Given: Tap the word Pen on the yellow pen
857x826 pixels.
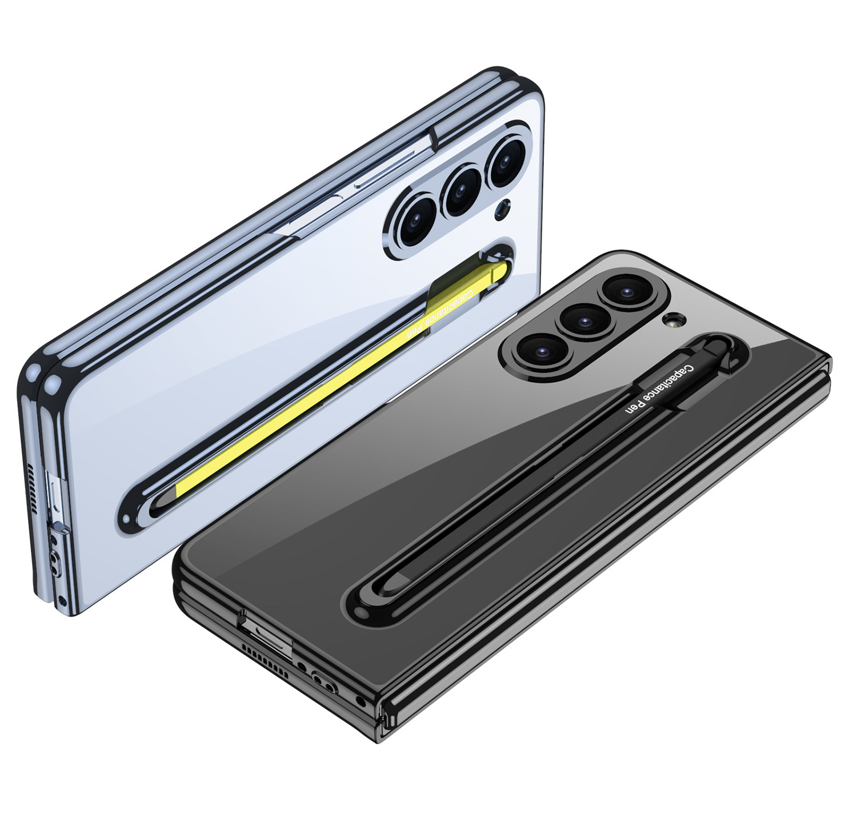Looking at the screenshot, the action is coord(417,329).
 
